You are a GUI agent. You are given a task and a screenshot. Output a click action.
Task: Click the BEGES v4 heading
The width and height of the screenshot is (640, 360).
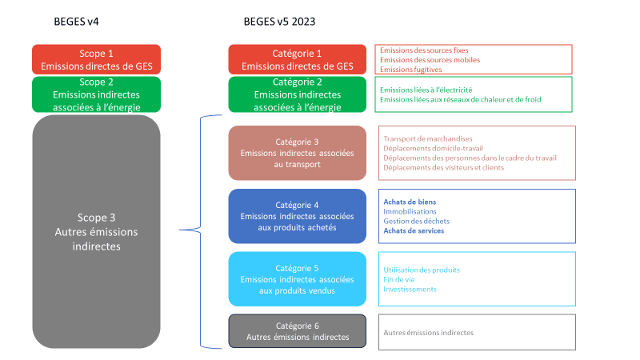coord(76,22)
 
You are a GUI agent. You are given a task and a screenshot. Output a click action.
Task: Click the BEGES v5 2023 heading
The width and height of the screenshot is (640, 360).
coord(279,22)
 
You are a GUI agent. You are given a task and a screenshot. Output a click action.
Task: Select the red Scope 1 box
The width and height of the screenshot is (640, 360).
coord(96,59)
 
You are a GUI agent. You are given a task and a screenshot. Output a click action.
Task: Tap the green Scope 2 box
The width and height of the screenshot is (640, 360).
coord(96,94)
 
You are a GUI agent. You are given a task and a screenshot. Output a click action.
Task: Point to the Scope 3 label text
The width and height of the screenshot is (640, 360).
coord(96,232)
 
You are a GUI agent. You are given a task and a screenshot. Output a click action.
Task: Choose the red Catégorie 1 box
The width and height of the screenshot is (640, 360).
coord(297,59)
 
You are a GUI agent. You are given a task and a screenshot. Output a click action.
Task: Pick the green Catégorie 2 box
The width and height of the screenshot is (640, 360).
coord(297,94)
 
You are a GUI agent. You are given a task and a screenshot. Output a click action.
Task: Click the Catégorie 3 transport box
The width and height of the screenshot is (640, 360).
coord(297,153)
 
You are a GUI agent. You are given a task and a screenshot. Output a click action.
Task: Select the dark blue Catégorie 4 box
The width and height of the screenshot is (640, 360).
coord(297,216)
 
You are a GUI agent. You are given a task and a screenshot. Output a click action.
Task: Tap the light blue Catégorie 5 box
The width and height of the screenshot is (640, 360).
coord(297,278)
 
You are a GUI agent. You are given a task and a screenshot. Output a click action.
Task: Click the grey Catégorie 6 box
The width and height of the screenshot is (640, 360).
coord(297,331)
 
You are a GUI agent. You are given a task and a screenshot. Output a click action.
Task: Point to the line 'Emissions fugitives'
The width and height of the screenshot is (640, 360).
coord(410,70)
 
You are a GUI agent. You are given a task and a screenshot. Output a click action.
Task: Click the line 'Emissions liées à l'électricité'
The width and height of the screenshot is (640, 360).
coord(426,90)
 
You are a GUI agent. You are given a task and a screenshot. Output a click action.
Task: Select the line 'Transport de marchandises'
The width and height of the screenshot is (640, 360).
coord(428,138)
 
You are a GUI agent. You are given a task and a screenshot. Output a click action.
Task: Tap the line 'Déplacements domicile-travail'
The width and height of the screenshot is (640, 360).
coord(433,148)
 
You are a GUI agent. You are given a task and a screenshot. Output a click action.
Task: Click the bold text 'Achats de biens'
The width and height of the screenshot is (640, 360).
coord(410,202)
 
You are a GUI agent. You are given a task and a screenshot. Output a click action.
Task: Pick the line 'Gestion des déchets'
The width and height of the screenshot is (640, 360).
coord(416,222)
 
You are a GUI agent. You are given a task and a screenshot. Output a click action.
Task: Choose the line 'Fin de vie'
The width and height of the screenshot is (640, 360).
coord(398,279)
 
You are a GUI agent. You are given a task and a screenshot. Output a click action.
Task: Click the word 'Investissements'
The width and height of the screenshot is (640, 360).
coord(410,289)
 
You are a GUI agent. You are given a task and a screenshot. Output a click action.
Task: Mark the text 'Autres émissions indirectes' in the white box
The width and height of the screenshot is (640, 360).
coord(428,333)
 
